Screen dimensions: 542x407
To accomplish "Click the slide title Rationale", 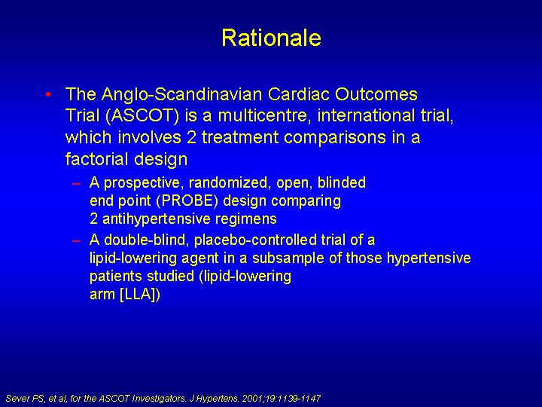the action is [x=271, y=38].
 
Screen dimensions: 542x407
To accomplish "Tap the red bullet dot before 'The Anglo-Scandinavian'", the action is [x=48, y=93].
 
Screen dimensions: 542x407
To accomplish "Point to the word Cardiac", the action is [x=299, y=94].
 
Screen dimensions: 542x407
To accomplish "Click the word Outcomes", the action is [x=376, y=94].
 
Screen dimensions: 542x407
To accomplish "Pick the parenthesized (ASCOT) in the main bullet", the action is [x=142, y=116].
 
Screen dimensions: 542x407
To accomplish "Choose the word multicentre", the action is [x=264, y=116].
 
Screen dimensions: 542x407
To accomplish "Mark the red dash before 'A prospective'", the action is [x=76, y=183].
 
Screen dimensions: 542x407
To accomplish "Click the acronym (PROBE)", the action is [x=187, y=201].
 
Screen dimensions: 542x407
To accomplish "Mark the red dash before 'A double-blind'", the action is [x=76, y=240].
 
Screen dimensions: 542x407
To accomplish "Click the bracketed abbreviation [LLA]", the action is [x=140, y=294].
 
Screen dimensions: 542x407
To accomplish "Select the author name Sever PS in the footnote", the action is [x=26, y=399].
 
